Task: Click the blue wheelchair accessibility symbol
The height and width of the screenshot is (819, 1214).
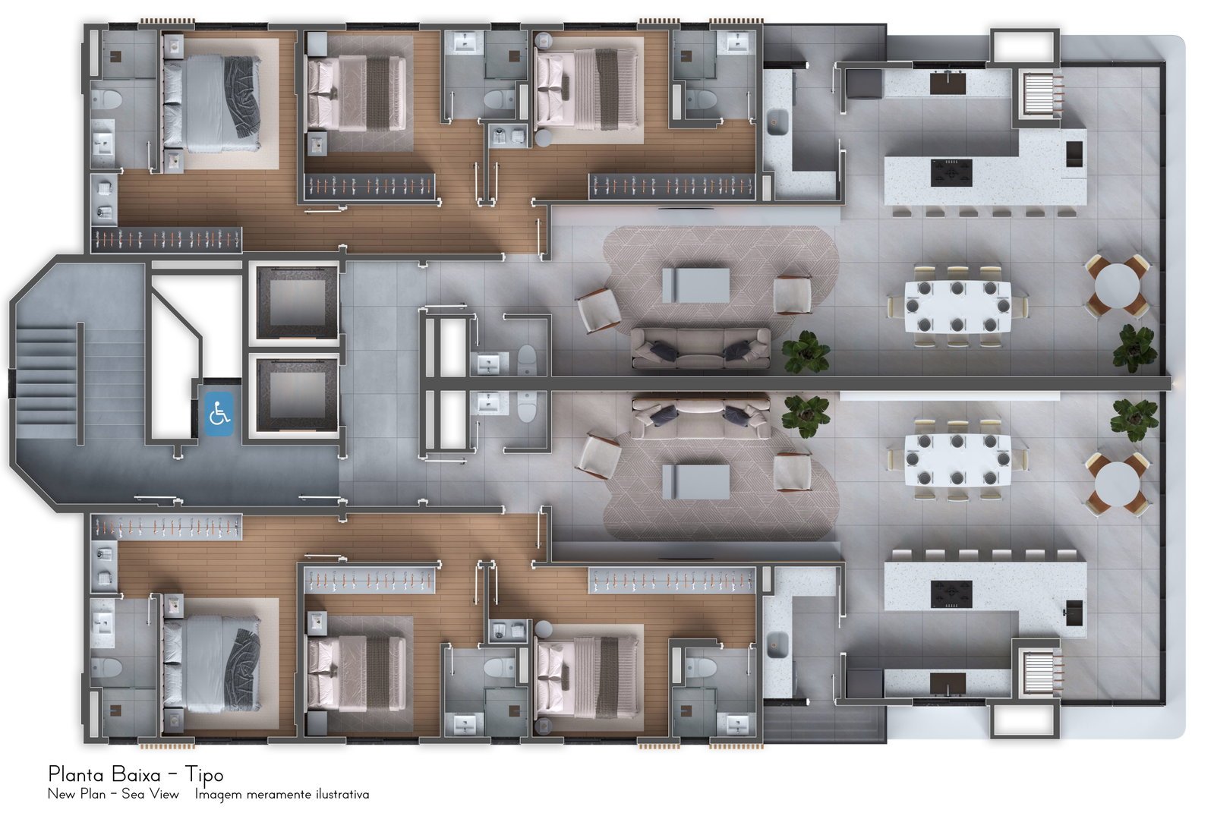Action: pos(219,414)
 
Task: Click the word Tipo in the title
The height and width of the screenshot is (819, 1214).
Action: pos(203,774)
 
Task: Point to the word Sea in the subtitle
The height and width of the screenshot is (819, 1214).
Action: pos(132,794)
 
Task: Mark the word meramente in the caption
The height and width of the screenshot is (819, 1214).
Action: pos(279,795)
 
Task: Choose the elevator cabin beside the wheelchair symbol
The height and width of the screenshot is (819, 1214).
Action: pos(298,395)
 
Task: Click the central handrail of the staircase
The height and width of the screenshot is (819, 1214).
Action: pos(80,383)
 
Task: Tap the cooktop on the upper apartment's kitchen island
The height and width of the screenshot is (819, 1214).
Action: pos(951,173)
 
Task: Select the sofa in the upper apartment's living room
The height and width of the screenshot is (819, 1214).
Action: pos(700,348)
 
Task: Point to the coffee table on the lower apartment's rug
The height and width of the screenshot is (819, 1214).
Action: pos(696,481)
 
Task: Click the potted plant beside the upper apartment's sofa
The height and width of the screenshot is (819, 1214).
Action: pos(806,353)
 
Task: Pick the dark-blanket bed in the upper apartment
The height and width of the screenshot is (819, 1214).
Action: pos(212,103)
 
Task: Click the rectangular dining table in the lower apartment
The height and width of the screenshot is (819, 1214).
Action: pos(957,459)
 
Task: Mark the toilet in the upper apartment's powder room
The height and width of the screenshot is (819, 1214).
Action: pos(527,361)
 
